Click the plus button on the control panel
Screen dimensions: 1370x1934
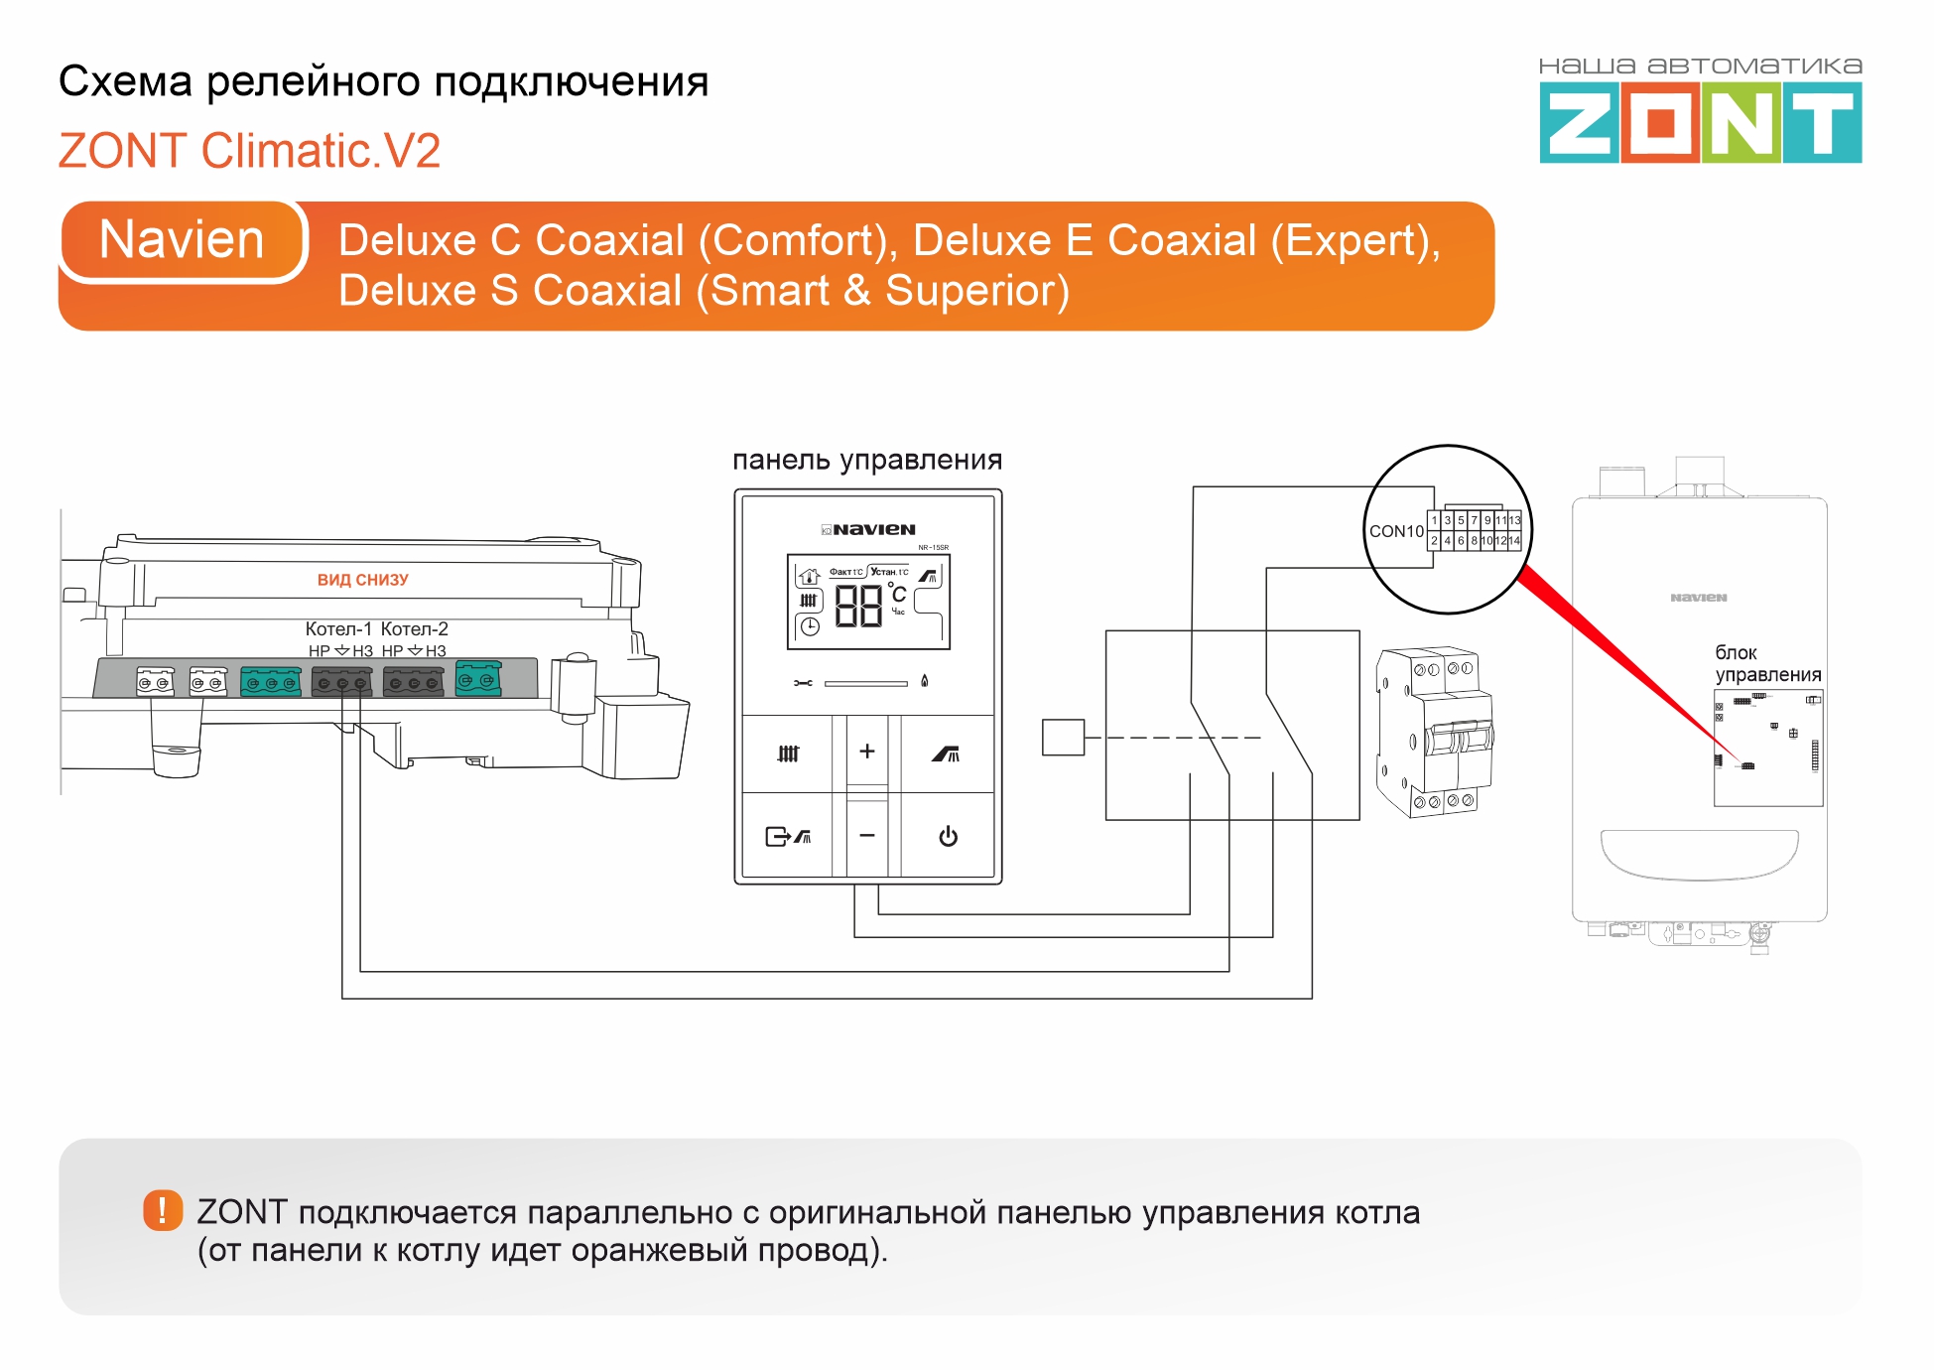click(866, 752)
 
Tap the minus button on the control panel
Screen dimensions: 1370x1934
click(866, 836)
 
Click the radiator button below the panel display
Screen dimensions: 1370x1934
click(788, 753)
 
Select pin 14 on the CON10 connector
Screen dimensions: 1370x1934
click(1514, 541)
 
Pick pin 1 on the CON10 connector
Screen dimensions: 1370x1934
click(1434, 520)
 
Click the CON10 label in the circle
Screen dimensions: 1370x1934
click(1396, 531)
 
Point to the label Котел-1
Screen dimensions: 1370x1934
click(338, 628)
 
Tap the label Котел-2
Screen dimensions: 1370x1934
click(415, 628)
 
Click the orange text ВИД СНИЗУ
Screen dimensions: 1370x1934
click(362, 580)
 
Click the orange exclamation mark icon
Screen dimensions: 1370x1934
click(163, 1210)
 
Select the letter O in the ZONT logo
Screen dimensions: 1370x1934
click(1660, 123)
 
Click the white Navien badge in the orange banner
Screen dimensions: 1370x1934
click(183, 240)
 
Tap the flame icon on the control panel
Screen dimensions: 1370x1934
click(924, 681)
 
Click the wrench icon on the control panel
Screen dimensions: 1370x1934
click(803, 683)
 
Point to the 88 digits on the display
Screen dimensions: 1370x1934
click(858, 605)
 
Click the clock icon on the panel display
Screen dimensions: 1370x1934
click(810, 626)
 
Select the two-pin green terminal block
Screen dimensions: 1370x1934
click(477, 680)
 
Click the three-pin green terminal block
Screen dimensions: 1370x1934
click(271, 683)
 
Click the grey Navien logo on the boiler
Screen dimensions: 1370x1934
click(1698, 598)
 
